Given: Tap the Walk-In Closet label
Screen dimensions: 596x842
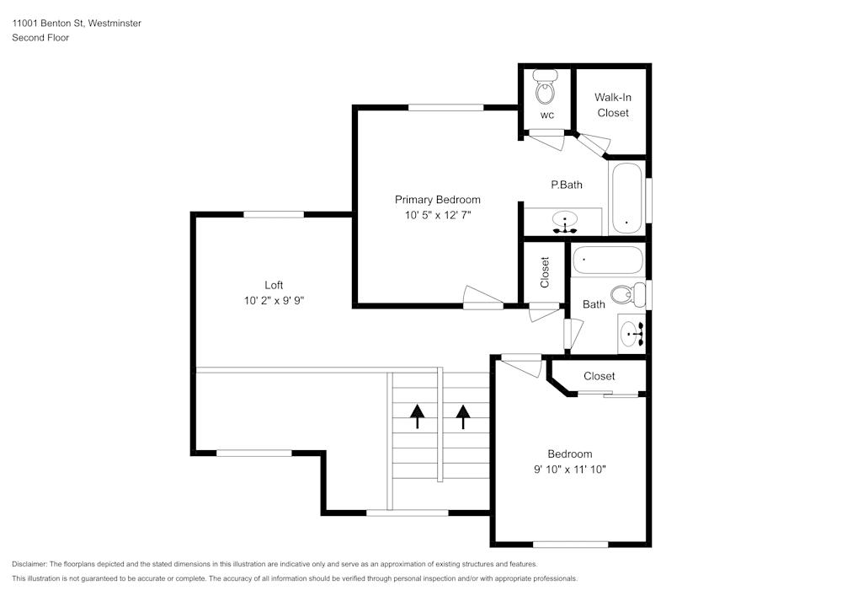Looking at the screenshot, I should [612, 105].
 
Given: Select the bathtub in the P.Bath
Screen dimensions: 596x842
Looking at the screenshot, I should [626, 198].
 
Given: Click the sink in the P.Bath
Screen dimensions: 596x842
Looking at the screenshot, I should [563, 223].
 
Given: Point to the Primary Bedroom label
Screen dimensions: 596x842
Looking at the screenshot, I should [437, 200].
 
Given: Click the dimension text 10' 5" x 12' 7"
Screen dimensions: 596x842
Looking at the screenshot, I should [437, 216].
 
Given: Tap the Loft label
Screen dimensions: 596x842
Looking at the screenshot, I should [273, 285].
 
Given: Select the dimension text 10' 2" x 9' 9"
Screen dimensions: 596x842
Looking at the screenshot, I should [273, 301].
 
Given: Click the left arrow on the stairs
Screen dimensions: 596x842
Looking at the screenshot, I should [417, 416].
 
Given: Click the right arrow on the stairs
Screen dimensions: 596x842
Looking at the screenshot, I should [462, 416].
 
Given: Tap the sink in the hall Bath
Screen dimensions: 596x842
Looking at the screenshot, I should [631, 335].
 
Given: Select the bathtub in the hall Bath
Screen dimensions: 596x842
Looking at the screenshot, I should [608, 260].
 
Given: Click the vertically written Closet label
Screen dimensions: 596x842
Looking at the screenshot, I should [545, 271].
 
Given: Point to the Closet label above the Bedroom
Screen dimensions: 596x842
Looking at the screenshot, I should [599, 376].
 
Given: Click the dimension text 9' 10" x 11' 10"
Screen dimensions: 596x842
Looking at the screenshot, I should [570, 470].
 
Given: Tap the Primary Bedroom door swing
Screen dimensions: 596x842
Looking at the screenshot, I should [482, 297].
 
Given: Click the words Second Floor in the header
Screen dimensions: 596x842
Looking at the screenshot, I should [40, 38].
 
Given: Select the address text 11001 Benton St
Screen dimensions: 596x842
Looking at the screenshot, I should [45, 24].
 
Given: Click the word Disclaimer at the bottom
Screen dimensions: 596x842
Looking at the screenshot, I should [29, 564].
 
